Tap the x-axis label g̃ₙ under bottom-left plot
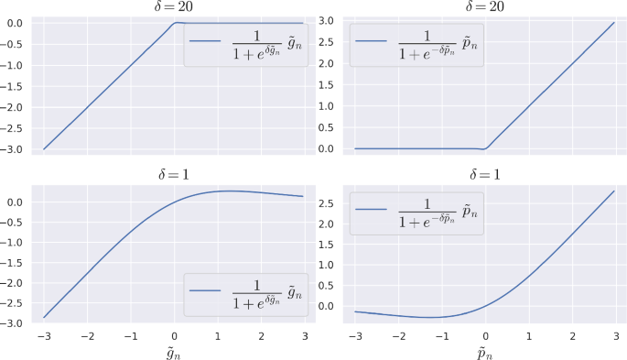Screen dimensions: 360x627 point(173,352)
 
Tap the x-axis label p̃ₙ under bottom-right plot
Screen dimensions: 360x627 point(485,352)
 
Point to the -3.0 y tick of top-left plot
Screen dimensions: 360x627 point(14,148)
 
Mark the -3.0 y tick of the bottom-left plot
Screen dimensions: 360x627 point(14,323)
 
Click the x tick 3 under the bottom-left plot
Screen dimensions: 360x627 point(303,336)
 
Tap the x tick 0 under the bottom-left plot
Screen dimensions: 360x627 point(174,336)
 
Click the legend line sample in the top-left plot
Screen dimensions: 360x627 point(206,42)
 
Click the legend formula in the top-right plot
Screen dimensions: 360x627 point(431,42)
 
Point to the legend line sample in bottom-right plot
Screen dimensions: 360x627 point(373,211)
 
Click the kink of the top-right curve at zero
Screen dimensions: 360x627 point(485,147)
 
